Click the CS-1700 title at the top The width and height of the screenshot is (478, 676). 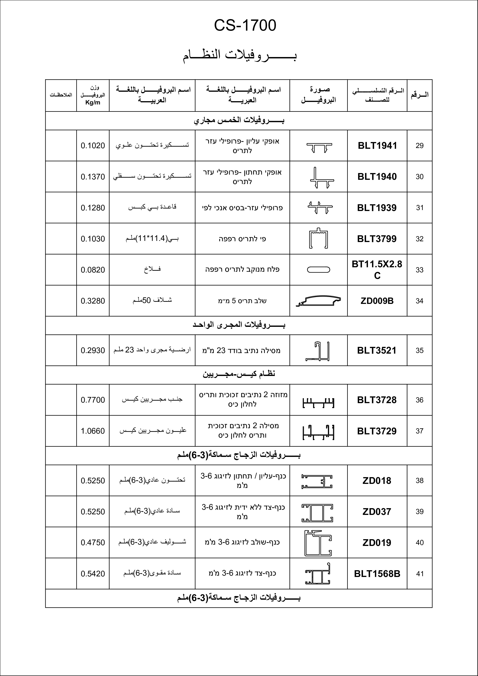tap(245, 26)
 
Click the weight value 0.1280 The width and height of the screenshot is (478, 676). tap(93, 208)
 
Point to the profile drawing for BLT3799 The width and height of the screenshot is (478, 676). tap(318, 239)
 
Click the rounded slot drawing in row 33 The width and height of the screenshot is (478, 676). tap(318, 270)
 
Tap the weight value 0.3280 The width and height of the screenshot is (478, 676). tap(93, 301)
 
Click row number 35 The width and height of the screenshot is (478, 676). tap(419, 350)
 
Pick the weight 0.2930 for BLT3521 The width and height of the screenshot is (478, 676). tap(93, 350)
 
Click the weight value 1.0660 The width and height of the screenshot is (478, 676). tap(93, 431)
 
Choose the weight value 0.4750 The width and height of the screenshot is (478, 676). tap(93, 543)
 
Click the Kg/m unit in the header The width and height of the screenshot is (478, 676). tap(93, 103)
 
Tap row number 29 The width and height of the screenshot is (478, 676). tap(419, 146)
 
